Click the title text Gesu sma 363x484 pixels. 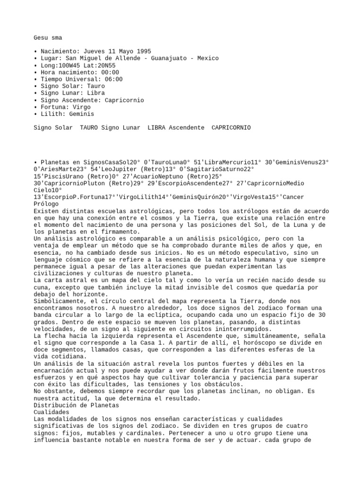coord(48,37)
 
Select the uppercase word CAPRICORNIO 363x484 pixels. coord(231,128)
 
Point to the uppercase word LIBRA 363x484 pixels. coord(156,128)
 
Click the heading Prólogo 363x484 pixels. coord(46,204)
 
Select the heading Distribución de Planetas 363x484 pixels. coord(77,406)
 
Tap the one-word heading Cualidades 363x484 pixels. coord(51,412)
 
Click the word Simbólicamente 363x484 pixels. coord(58,301)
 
